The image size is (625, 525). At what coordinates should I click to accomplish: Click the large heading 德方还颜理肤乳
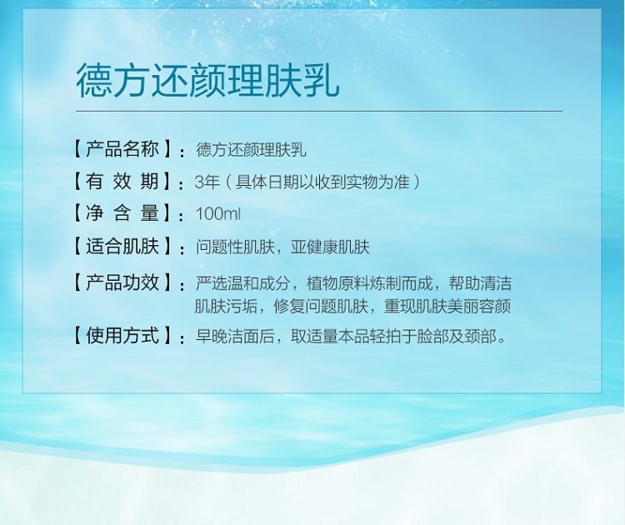tap(207, 81)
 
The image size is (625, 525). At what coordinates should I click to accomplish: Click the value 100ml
tap(218, 213)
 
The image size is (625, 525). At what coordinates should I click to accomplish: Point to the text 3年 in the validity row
tap(207, 182)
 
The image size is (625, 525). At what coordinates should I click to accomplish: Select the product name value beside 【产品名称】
tap(251, 150)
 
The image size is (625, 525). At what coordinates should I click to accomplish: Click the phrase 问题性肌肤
tap(235, 247)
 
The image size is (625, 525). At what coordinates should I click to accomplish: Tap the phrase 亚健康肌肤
tap(331, 247)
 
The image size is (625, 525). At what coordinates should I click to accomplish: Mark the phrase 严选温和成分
tap(243, 283)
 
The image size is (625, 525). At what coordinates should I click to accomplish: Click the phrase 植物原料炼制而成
tap(369, 283)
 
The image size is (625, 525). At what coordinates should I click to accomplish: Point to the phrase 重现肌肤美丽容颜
tap(447, 307)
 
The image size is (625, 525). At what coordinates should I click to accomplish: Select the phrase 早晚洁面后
tap(235, 337)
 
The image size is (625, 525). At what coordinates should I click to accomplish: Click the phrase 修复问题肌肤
tap(322, 307)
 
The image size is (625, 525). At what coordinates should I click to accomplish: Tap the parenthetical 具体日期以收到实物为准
tap(322, 182)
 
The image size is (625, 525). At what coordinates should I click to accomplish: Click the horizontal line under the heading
tap(319, 111)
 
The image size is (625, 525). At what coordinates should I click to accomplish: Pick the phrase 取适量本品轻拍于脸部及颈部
tap(394, 337)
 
